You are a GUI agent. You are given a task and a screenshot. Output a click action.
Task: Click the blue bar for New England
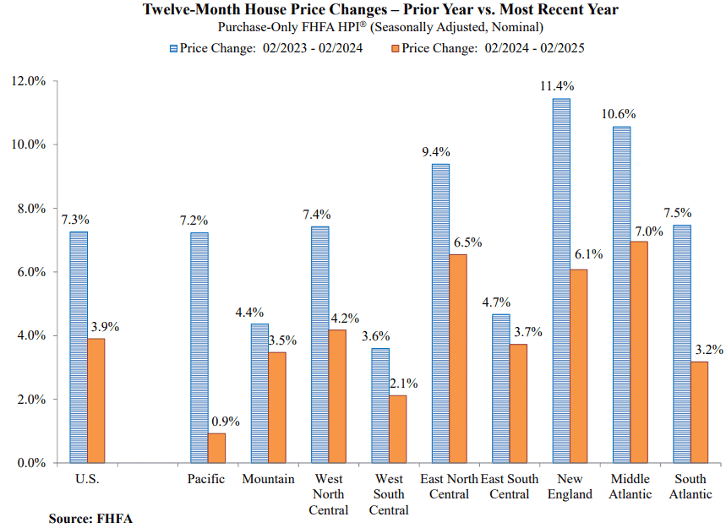[561, 280]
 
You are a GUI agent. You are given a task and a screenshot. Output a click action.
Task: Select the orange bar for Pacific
[216, 448]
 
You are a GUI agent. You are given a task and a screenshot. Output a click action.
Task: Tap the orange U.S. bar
[96, 400]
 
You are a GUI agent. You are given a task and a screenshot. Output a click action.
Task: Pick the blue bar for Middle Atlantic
[621, 294]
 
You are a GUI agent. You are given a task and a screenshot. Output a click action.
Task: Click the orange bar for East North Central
[458, 359]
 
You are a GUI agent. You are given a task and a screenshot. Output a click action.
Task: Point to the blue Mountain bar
[259, 394]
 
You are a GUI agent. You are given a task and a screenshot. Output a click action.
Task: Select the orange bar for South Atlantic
[699, 412]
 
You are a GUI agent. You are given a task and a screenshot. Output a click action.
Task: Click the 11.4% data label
[557, 86]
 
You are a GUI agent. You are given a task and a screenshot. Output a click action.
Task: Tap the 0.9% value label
[226, 422]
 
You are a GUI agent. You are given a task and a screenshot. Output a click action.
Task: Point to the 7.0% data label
[649, 231]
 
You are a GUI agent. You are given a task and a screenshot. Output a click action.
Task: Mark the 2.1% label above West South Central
[403, 384]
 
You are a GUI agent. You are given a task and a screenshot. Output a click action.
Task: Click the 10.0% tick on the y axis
[28, 144]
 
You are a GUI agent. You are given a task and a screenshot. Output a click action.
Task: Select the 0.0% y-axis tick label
[31, 463]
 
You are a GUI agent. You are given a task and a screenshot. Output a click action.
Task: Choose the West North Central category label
[328, 494]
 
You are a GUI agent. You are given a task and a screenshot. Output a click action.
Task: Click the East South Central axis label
[510, 487]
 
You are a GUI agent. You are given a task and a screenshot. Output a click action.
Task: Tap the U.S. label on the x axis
[87, 479]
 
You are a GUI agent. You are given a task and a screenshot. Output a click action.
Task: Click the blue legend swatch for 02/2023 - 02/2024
[173, 49]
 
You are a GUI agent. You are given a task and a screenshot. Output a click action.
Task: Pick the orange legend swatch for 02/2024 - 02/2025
[396, 49]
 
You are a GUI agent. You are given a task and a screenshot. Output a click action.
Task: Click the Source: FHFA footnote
[90, 519]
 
